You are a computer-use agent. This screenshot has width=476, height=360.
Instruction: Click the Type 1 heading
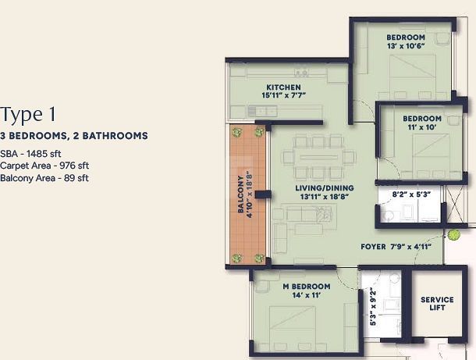click(28, 115)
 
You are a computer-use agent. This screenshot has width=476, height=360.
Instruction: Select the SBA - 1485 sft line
click(30, 154)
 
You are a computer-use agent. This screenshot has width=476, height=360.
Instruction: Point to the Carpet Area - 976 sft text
click(44, 166)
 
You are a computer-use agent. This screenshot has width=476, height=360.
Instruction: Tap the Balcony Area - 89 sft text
click(44, 178)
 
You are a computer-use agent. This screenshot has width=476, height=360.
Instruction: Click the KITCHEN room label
click(283, 87)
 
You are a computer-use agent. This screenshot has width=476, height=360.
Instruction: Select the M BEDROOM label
click(307, 287)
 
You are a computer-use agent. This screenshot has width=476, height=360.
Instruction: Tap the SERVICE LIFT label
click(437, 304)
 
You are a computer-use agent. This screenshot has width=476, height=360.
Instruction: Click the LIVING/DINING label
click(325, 188)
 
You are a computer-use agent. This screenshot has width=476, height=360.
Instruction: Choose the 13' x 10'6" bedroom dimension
click(406, 46)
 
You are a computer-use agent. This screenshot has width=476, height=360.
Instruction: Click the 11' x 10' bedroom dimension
click(422, 127)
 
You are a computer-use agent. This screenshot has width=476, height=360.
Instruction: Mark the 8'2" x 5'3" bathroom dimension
click(412, 194)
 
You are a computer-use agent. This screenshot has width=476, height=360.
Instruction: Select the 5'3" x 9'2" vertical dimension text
click(373, 308)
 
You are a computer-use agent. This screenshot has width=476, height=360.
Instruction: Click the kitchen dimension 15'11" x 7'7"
click(283, 95)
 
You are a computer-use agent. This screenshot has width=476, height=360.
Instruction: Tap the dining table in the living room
click(318, 158)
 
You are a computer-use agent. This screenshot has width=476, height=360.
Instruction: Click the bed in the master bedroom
click(293, 328)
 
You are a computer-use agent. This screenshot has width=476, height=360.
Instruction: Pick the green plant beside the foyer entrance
click(453, 235)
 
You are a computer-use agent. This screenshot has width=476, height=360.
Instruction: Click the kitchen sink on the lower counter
click(262, 111)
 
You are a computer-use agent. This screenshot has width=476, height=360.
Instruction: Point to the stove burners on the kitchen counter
click(301, 73)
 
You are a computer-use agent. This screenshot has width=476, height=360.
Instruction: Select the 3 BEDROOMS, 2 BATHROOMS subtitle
click(74, 136)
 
